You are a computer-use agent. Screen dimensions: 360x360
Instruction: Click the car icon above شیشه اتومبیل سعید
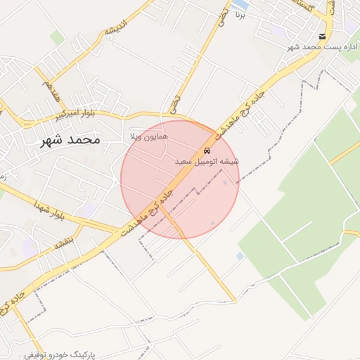tap(206, 151)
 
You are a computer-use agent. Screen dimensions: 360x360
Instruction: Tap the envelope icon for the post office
tap(322, 36)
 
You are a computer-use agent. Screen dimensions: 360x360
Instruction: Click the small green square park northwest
tap(58, 37)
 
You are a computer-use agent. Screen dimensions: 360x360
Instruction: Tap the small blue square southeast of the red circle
tap(240, 255)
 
